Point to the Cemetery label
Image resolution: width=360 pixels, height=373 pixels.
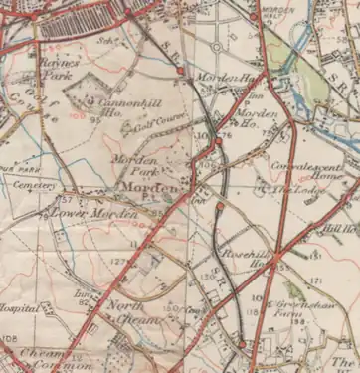[x=39, y=185]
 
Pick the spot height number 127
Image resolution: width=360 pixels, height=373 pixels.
[x=117, y=262]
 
